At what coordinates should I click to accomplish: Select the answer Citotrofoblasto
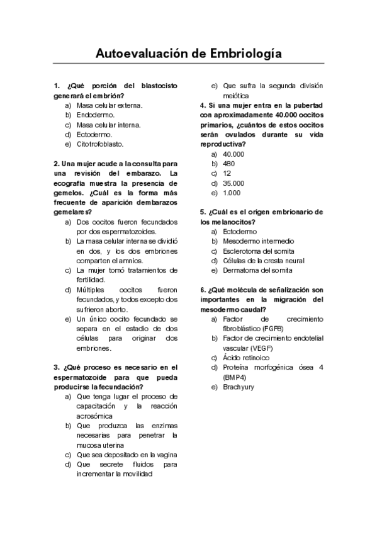coord(100,144)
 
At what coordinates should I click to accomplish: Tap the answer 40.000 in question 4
coord(234,154)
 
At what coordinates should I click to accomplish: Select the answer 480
coord(229,164)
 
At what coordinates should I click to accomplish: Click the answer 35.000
coord(234,183)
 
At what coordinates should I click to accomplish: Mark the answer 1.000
coord(232,193)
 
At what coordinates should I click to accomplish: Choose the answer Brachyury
coord(239,387)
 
